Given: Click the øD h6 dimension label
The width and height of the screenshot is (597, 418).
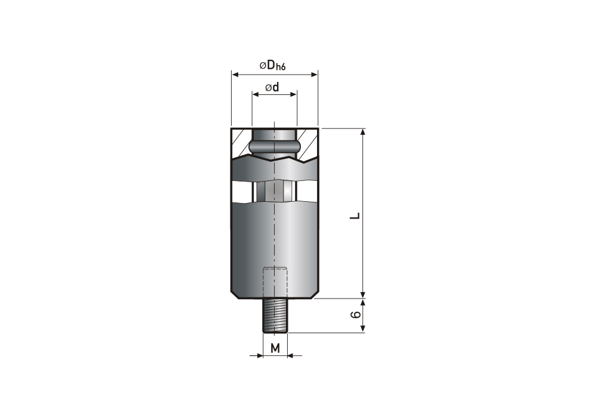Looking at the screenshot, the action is [x=273, y=66].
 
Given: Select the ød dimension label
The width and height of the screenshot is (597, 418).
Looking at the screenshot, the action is [x=272, y=87].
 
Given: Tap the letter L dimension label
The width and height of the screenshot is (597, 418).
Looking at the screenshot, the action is [x=355, y=216].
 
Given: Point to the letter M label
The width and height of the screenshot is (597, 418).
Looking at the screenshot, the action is [x=275, y=348].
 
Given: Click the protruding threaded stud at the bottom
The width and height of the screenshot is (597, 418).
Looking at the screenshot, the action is [x=275, y=316].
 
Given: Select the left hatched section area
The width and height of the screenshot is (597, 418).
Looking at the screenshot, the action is [x=242, y=142].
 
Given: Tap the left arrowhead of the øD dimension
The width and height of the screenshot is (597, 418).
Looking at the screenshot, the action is [x=235, y=74].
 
